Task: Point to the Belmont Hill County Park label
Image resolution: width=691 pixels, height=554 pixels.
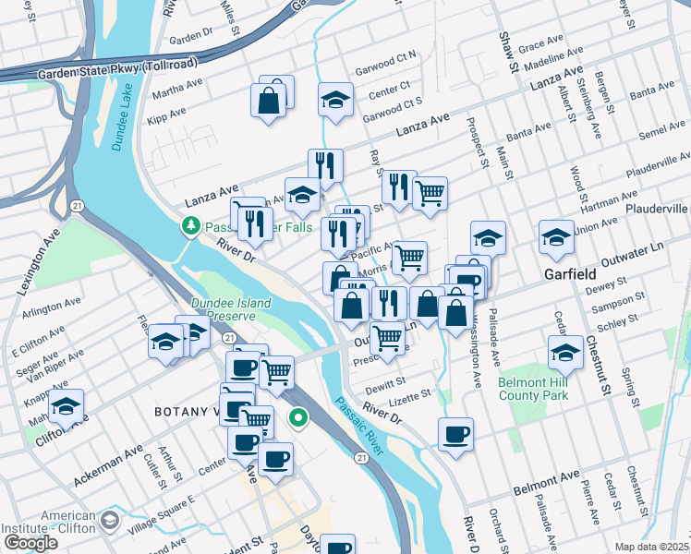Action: [x=532, y=389]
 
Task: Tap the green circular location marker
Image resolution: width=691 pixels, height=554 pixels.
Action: [x=298, y=418]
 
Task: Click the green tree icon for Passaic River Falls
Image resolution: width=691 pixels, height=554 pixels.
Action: [x=191, y=225]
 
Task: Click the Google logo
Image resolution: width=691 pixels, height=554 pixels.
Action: [x=30, y=543]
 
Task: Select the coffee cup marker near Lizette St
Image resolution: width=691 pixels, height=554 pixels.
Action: [x=455, y=433]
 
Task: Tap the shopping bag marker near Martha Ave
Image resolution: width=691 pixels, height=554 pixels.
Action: [x=270, y=101]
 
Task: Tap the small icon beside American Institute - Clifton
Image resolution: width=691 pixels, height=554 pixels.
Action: [x=110, y=522]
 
